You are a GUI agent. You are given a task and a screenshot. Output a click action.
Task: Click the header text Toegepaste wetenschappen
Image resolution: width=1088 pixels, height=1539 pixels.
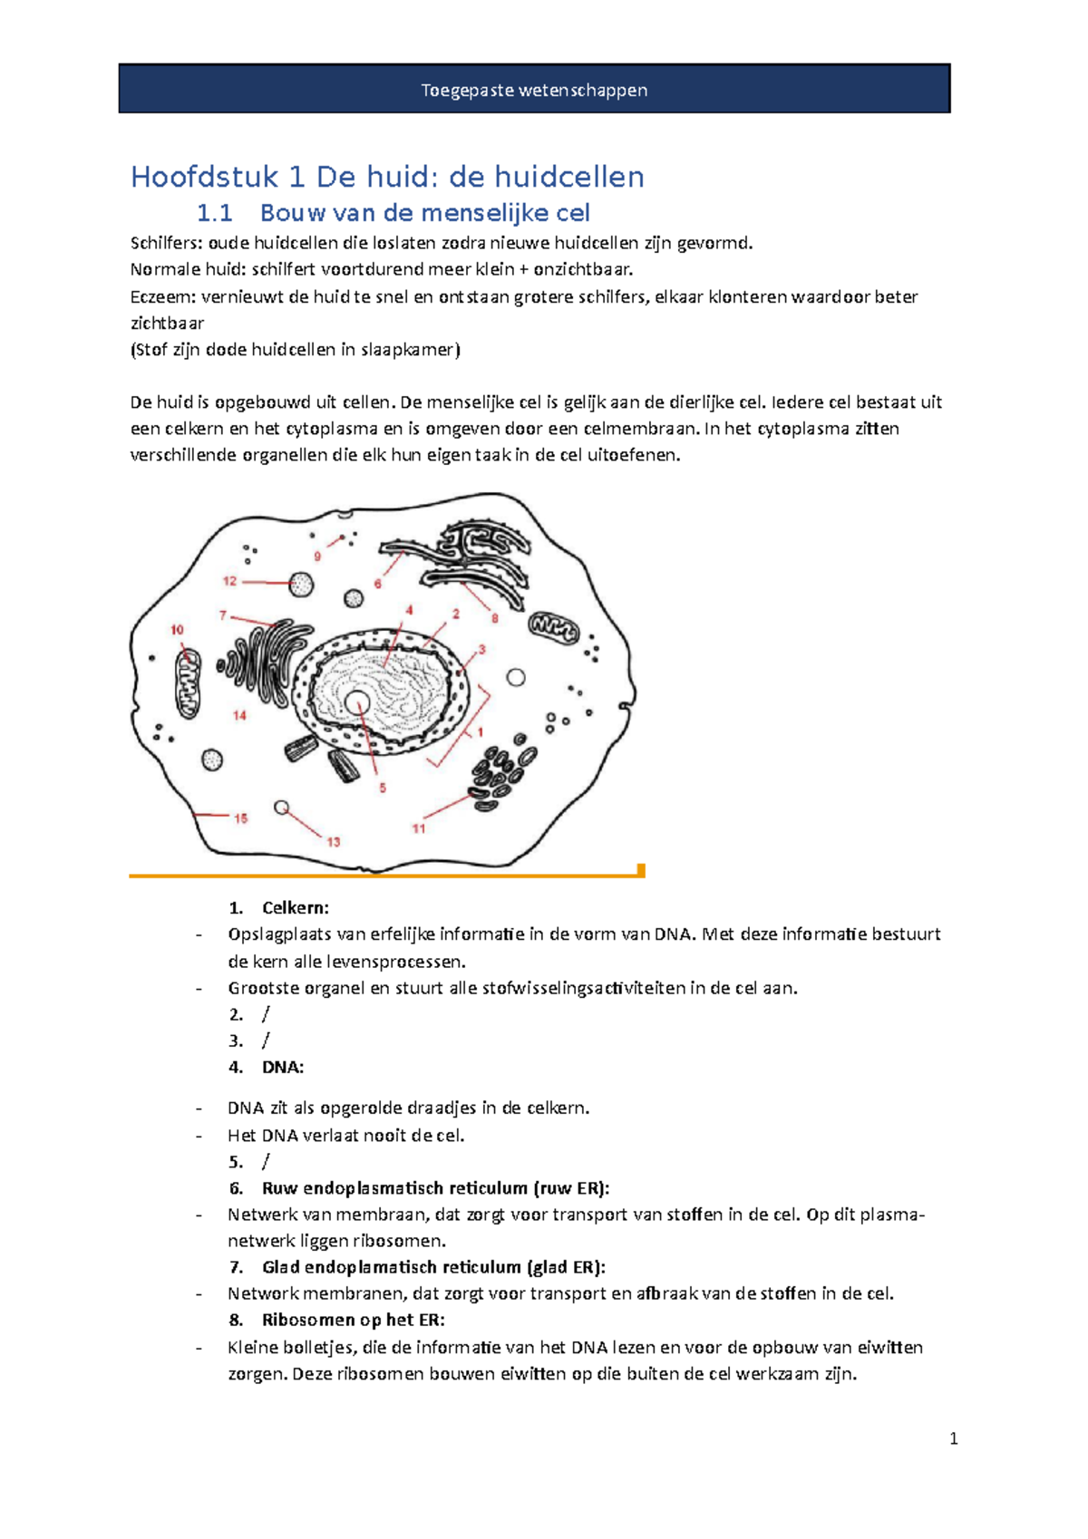pyautogui.click(x=534, y=90)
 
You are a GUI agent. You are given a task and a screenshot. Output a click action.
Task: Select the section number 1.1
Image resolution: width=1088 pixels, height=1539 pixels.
pyautogui.click(x=215, y=213)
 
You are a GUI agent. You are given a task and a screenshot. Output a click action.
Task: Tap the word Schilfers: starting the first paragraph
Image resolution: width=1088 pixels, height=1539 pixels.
pyautogui.click(x=167, y=243)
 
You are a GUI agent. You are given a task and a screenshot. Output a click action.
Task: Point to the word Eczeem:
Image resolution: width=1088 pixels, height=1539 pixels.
pyautogui.click(x=162, y=296)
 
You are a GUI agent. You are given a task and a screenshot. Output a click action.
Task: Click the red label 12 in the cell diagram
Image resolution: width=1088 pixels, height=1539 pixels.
pyautogui.click(x=229, y=581)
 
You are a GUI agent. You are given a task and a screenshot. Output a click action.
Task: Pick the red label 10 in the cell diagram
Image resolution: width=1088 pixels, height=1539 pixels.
pyautogui.click(x=177, y=629)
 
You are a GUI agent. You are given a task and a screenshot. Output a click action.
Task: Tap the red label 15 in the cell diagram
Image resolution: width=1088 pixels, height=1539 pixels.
pyautogui.click(x=240, y=818)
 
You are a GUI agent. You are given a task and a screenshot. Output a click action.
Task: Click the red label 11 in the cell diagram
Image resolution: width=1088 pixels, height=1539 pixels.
pyautogui.click(x=419, y=828)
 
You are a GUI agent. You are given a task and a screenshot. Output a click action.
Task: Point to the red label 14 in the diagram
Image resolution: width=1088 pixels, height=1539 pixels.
pyautogui.click(x=239, y=715)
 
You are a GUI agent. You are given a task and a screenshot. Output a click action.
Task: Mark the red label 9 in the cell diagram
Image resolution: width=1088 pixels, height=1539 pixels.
pyautogui.click(x=317, y=557)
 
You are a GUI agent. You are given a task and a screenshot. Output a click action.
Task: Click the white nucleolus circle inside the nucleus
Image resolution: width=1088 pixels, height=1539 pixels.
pyautogui.click(x=357, y=702)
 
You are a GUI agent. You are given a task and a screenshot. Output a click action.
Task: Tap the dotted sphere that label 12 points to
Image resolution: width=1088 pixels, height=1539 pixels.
pyautogui.click(x=301, y=585)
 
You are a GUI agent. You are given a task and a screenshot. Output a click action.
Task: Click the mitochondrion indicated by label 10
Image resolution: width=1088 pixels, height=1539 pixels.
pyautogui.click(x=189, y=682)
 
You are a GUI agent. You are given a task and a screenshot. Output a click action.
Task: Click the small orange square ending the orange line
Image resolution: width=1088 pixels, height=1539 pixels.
pyautogui.click(x=641, y=870)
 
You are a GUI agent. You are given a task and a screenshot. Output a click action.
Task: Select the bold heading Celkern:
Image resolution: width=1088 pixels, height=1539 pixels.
pyautogui.click(x=296, y=908)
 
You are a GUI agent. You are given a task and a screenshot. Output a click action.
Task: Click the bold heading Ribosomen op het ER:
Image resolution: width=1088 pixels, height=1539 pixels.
pyautogui.click(x=353, y=1320)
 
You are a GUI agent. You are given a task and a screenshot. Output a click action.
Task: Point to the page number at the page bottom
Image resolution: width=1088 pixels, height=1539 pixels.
pyautogui.click(x=953, y=1439)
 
